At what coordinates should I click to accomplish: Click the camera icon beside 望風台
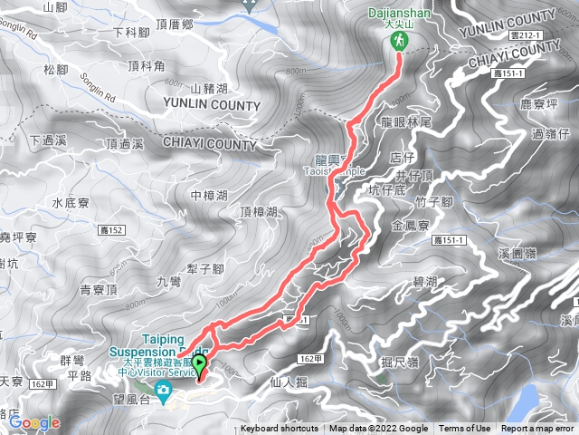(x=164, y=392)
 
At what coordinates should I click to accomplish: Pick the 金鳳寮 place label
(x=410, y=223)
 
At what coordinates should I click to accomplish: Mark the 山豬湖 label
(x=214, y=88)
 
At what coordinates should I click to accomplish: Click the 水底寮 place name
(x=68, y=203)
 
